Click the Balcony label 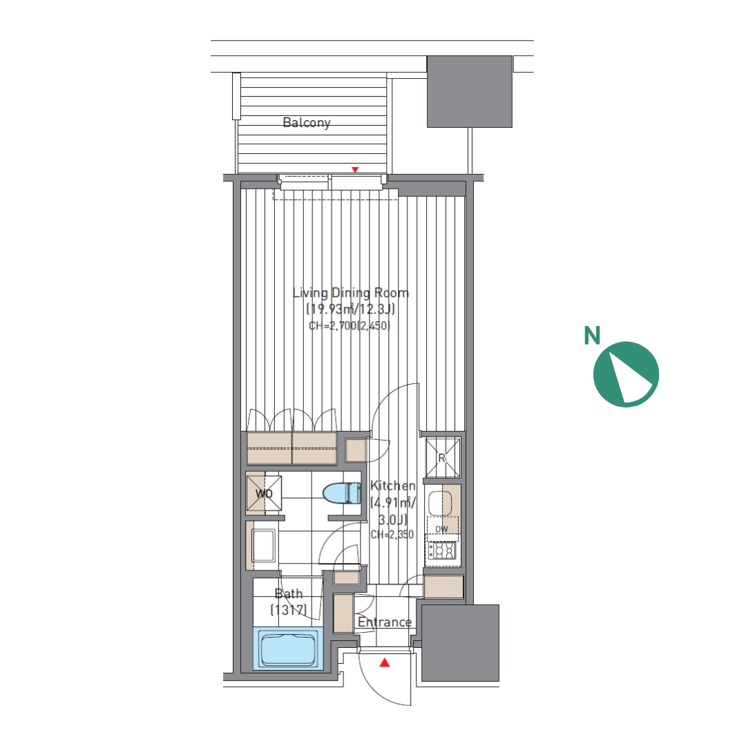point(307,123)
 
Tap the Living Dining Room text point(351,293)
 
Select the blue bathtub point(289,649)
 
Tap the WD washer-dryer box point(264,493)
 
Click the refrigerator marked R point(443,458)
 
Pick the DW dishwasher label point(441,529)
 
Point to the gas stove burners point(441,551)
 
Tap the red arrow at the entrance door point(385,662)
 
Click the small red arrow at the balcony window point(354,170)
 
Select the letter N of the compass point(592,336)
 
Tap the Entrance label point(385,622)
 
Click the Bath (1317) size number point(288,610)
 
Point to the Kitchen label point(392,486)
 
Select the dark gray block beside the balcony point(470,91)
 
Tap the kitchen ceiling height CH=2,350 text point(392,534)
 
